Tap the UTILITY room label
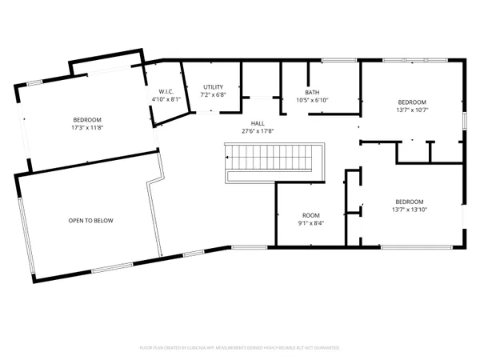tap(213, 86)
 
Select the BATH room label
tap(312, 92)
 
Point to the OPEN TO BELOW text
tap(88, 220)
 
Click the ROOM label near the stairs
tap(310, 215)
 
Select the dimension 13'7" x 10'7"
tap(414, 110)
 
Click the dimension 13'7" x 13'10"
tap(408, 210)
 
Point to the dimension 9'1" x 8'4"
tap(310, 223)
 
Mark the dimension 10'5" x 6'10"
tap(312, 100)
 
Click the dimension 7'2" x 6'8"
tap(213, 94)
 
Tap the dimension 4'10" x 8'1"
tap(166, 99)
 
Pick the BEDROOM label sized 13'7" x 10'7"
tap(414, 102)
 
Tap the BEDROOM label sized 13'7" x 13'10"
tap(408, 202)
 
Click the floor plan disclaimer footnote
tap(240, 347)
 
